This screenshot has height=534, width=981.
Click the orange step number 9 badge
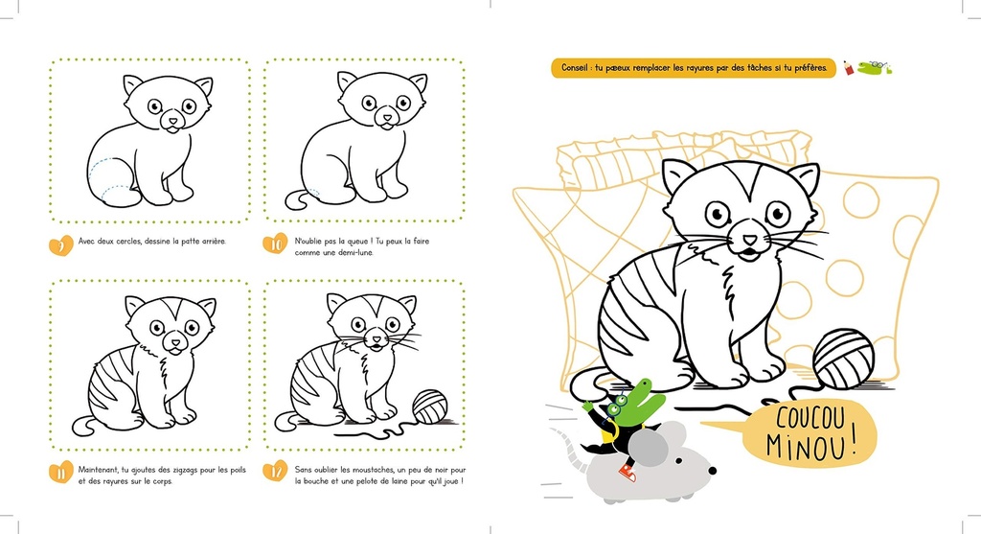pyautogui.click(x=60, y=244)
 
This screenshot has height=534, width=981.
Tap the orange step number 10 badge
pyautogui.click(x=275, y=244)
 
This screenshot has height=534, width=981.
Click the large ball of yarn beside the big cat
pyautogui.click(x=843, y=358)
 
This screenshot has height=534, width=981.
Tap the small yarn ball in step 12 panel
pyautogui.click(x=429, y=406)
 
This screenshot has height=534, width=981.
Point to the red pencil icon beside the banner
pyautogui.click(x=849, y=68)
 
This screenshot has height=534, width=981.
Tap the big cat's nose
pyautogui.click(x=749, y=240)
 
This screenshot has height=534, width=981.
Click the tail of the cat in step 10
pyautogui.click(x=300, y=198)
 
